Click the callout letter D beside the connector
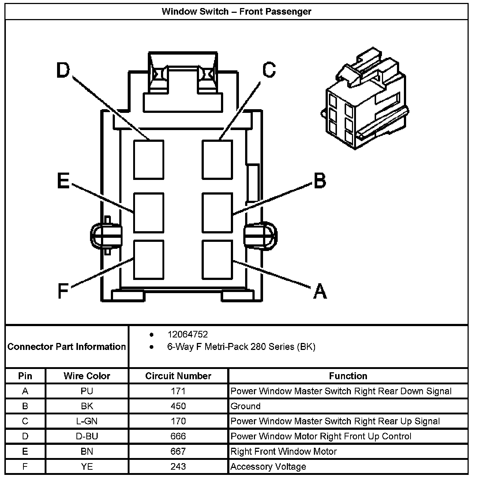click(63, 70)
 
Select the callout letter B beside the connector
click(320, 181)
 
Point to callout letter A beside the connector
click(320, 291)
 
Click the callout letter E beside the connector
click(63, 181)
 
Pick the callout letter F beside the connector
click(63, 291)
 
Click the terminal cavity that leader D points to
click(149, 160)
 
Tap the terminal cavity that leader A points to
click(217, 259)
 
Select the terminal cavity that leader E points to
click(149, 213)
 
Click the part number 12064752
click(187, 335)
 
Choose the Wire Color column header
click(87, 376)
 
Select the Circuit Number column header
click(178, 376)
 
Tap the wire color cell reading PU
click(87, 391)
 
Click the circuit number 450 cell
click(178, 406)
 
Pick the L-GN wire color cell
click(87, 421)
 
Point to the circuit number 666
click(178, 436)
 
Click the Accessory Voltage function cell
click(268, 467)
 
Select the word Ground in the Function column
click(245, 406)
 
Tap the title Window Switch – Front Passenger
click(236, 11)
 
